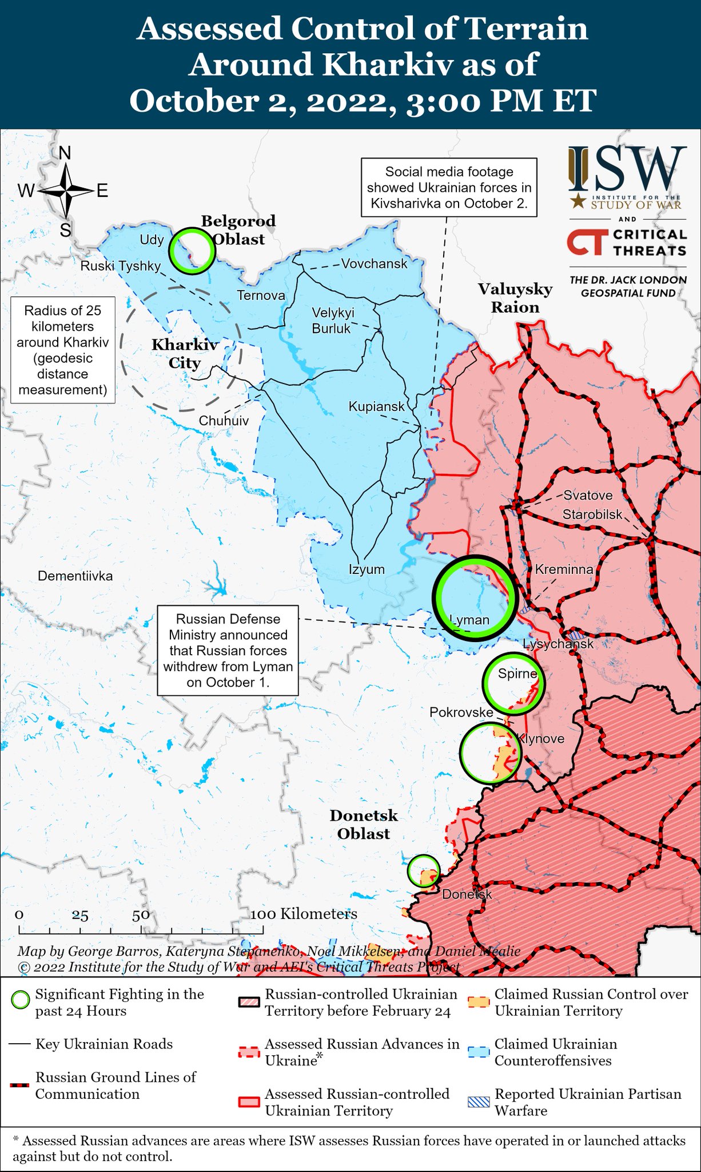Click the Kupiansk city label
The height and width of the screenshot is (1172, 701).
point(376,406)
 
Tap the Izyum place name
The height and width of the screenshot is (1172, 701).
point(367,569)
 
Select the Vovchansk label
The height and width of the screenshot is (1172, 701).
point(374,264)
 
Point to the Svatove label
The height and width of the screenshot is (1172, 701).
point(588,496)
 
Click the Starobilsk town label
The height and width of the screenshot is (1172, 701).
point(592,514)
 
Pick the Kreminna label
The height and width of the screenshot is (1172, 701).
point(564,569)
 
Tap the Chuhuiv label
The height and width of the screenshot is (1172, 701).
point(224,421)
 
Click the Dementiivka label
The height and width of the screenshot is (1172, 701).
point(75,576)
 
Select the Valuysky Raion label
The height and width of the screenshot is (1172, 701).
point(515,298)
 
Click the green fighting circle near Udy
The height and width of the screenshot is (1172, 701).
point(192,251)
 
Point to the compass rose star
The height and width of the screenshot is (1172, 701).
point(66,191)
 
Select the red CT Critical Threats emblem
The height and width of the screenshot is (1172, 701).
point(586,242)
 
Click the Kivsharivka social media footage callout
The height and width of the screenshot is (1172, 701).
point(449,187)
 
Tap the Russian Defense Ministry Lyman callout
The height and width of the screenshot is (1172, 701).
point(228,651)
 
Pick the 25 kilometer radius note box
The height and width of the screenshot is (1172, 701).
point(62,350)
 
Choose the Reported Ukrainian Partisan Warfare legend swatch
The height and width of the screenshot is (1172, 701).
point(479,1102)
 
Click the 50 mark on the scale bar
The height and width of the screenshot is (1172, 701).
point(141,914)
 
